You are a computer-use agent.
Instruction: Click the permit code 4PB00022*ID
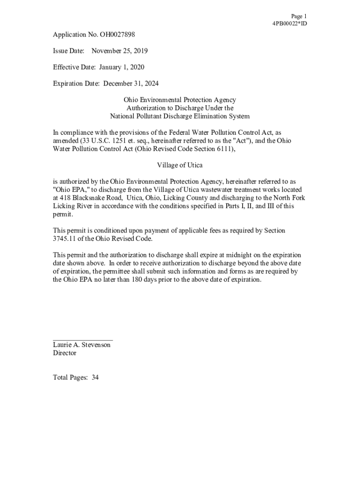pos(289,23)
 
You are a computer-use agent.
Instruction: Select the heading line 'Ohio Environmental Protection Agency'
pos(180,100)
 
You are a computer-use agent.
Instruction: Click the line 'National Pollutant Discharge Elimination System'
pos(180,116)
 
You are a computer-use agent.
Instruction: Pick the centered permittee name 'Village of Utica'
pos(180,165)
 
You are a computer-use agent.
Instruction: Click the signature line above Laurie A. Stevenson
pos(83,340)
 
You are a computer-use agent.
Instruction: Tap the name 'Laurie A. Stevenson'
pos(82,345)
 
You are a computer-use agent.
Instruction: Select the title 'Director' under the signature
pos(65,353)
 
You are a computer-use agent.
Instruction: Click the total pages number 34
pos(95,377)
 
